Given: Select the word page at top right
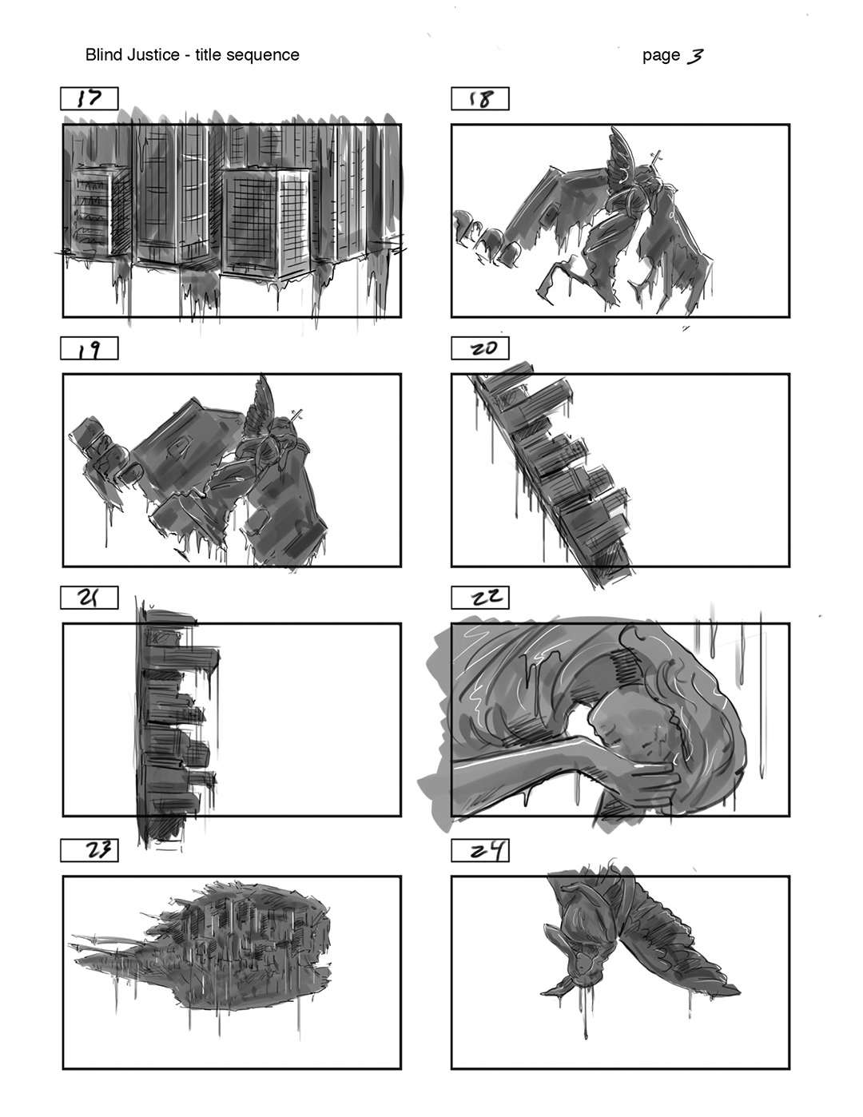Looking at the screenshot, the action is pyautogui.click(x=661, y=56).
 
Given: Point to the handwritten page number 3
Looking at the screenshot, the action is pyautogui.click(x=694, y=55).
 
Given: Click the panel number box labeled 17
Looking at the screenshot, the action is pyautogui.click(x=89, y=99).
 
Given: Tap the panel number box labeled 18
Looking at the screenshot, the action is pyautogui.click(x=480, y=99).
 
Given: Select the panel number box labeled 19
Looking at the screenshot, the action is pyautogui.click(x=89, y=348).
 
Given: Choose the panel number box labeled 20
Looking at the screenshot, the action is pyautogui.click(x=480, y=348).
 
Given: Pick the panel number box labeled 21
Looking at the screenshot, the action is pyautogui.click(x=89, y=598).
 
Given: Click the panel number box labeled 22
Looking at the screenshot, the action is pyautogui.click(x=480, y=598).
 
